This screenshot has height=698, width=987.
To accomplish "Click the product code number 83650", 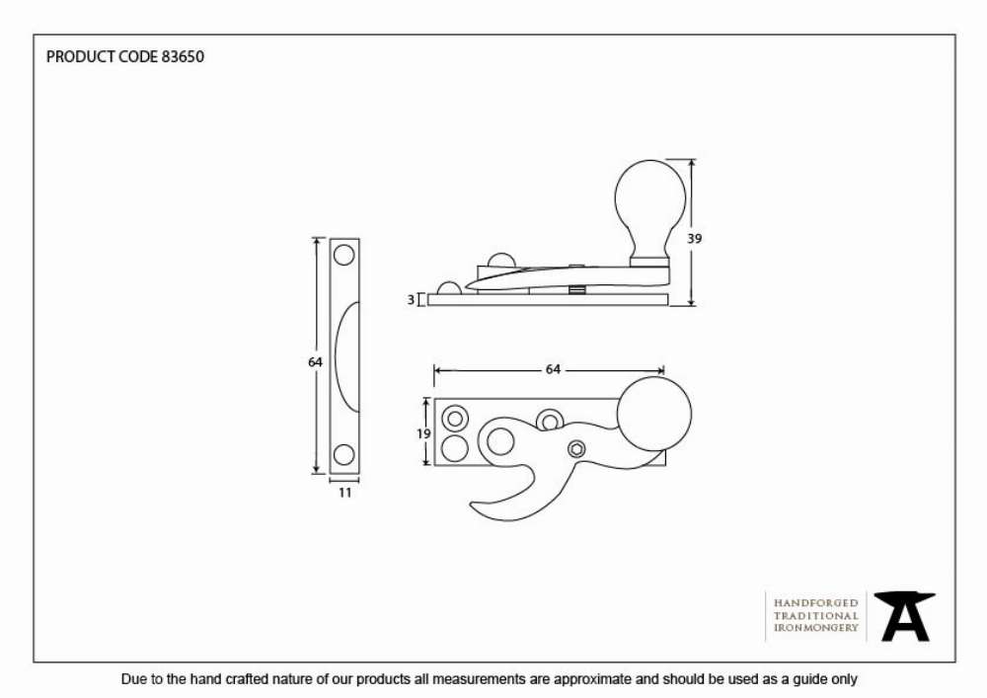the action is click(x=183, y=56).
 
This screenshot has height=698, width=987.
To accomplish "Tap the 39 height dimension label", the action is click(x=694, y=239).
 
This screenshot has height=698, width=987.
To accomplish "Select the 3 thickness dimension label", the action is click(x=411, y=299).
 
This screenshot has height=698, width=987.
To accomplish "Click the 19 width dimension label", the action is click(x=423, y=433).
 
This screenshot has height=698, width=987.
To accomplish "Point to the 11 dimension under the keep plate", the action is click(x=344, y=493).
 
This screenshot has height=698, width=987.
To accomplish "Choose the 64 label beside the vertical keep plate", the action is click(x=316, y=362).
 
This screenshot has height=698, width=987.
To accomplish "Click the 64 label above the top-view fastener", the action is click(x=553, y=369).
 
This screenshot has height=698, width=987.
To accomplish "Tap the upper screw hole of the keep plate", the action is click(x=344, y=256).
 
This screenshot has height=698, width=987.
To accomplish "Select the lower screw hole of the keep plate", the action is click(x=343, y=454).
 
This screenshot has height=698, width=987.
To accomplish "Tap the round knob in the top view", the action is click(x=654, y=414).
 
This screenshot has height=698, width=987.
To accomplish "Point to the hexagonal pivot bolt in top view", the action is click(x=576, y=449).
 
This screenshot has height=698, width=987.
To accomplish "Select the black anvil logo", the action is click(x=904, y=616).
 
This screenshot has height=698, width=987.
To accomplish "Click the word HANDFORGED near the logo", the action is click(x=816, y=603).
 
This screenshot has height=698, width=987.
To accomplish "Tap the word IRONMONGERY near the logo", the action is click(x=816, y=628).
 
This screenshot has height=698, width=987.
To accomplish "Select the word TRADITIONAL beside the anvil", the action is click(x=816, y=615).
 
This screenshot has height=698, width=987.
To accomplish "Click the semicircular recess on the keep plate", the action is click(x=346, y=356).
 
